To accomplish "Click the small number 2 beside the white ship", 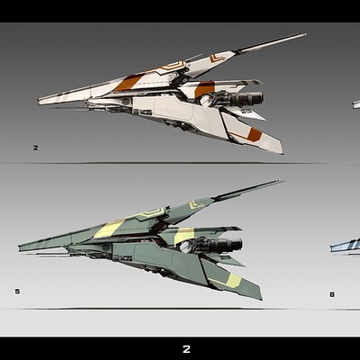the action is tap(36, 148).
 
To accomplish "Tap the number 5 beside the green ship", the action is tap(17, 291).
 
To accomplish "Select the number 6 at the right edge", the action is tap(332, 294).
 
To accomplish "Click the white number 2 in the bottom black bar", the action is tap(186, 349).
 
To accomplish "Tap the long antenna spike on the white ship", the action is tap(271, 43).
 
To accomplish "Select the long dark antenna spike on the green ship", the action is tap(248, 190).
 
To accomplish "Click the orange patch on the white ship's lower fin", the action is tap(254, 135).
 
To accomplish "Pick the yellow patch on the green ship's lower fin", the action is tap(234, 281).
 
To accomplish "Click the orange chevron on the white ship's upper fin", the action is tap(217, 58).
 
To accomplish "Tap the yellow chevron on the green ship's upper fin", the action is tap(195, 205).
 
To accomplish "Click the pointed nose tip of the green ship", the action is tap(19, 247).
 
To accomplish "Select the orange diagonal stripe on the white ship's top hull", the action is tap(129, 83).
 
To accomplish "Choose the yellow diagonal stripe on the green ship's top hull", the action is tap(109, 229).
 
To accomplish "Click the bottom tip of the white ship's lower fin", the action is tap(283, 154).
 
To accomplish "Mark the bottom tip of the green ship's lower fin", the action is tap(262, 299).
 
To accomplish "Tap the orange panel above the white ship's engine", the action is tap(205, 89).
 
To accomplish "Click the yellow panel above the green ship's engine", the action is tap(184, 236).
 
